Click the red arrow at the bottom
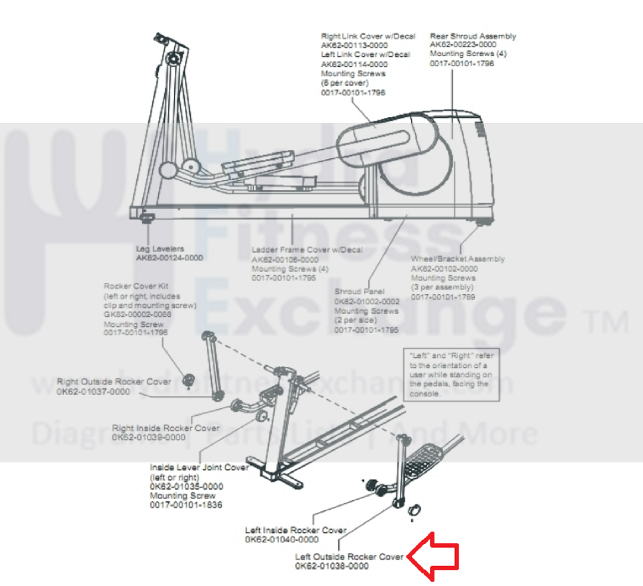435,557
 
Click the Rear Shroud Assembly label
473,36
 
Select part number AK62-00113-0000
354,45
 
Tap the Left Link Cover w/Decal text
365,54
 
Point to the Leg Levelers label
160,248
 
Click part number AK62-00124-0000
169,258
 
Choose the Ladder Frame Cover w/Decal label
307,250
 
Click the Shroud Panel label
359,292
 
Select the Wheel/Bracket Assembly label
457,259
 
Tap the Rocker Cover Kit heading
136,286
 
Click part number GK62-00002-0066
137,315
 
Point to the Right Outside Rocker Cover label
114,382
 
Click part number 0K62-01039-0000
149,437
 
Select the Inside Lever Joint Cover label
199,468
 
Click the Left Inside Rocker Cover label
296,530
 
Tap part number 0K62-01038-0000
331,566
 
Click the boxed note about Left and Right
451,374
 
